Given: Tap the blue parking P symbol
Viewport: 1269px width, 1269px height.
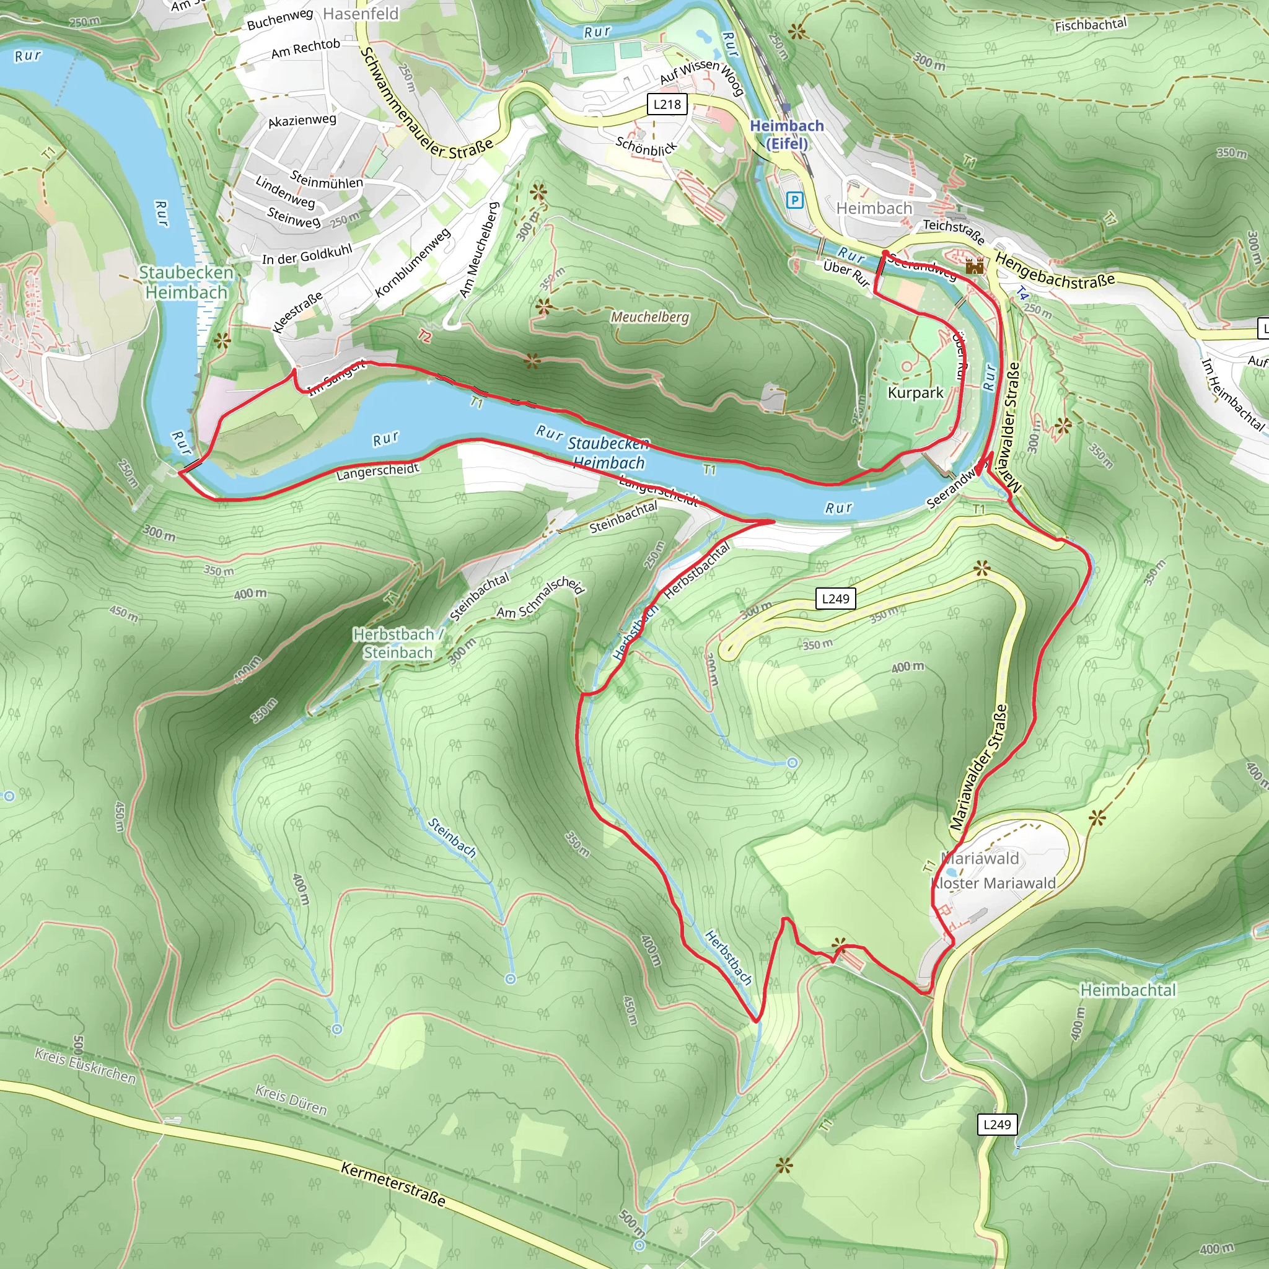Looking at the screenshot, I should click(794, 200).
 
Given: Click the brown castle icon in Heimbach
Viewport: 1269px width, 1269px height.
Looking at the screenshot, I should click(975, 266).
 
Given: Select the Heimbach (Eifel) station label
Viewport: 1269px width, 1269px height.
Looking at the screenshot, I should click(786, 134).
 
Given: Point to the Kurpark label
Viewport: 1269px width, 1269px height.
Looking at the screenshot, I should click(915, 393).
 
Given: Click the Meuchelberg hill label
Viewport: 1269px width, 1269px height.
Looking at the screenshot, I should click(649, 317).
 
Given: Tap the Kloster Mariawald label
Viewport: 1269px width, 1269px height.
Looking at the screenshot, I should click(993, 884).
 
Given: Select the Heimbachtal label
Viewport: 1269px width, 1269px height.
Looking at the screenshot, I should click(1128, 990).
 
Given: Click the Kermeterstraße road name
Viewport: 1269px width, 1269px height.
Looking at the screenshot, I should click(393, 1184).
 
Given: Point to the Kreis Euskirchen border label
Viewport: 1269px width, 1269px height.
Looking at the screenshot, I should click(86, 1065).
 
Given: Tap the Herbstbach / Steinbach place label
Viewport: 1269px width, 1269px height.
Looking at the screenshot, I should click(398, 643).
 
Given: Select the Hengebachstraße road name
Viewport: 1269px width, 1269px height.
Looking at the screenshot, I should click(1054, 271).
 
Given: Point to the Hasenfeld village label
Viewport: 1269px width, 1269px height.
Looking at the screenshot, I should click(361, 14).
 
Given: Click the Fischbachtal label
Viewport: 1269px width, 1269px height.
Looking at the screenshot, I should click(1091, 25).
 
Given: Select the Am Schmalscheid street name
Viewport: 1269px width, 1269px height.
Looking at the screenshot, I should click(540, 598).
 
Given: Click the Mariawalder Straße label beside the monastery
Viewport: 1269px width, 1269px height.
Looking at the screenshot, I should click(978, 766).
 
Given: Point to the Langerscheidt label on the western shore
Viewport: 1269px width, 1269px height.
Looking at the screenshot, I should click(378, 470).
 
